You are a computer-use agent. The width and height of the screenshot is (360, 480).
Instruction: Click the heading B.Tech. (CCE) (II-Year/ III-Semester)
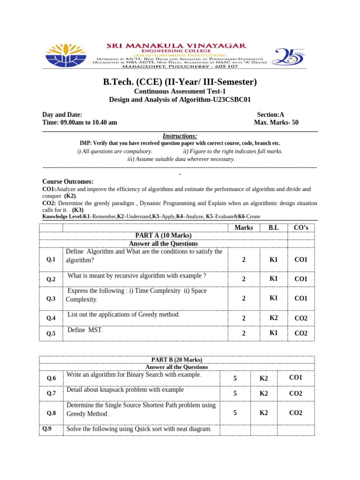[x=180, y=82]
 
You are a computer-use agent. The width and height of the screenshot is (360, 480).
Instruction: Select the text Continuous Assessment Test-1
[x=180, y=91]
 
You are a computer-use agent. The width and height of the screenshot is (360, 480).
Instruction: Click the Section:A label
[x=270, y=114]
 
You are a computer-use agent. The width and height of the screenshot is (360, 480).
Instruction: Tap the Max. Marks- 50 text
[x=276, y=123]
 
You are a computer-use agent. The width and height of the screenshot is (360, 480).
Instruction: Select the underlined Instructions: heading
[x=180, y=136]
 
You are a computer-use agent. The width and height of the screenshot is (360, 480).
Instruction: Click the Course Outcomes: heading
[x=68, y=181]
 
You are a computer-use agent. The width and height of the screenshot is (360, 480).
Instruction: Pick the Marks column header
[x=243, y=228]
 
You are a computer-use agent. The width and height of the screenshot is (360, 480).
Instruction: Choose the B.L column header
[x=273, y=228]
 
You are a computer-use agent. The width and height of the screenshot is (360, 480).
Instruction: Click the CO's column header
[x=300, y=228]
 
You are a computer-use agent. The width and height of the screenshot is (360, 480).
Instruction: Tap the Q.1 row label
[x=51, y=259]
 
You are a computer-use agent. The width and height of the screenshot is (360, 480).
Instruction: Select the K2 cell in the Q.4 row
[x=274, y=318]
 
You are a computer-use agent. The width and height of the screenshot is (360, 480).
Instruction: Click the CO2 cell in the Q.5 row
[x=300, y=333]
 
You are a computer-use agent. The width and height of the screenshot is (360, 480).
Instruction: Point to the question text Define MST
[x=85, y=330]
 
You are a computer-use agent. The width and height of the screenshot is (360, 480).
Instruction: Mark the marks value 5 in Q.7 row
[x=235, y=394]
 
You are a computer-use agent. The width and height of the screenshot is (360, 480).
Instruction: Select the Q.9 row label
[x=47, y=428]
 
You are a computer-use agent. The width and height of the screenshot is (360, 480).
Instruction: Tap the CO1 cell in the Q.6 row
[x=295, y=377]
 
